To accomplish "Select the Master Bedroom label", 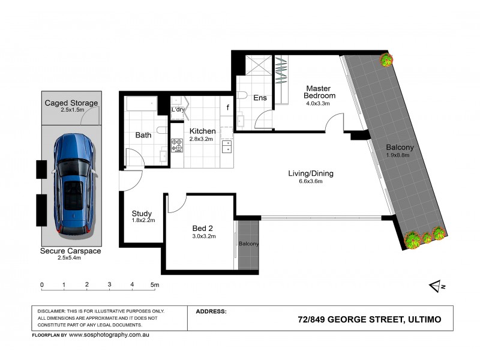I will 319,91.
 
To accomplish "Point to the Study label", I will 142,214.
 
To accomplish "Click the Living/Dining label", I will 311,173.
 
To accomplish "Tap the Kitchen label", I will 202,131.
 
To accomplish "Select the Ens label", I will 260,98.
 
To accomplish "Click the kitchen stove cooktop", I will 178,144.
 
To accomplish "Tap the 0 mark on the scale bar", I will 42,284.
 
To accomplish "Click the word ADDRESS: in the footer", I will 211,311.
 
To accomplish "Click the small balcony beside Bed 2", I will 248,244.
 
